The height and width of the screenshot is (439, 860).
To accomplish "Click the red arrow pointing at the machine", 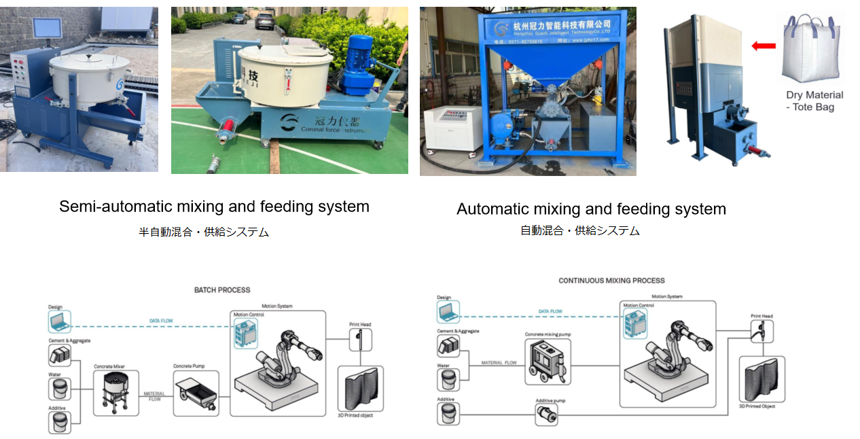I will point(764,46).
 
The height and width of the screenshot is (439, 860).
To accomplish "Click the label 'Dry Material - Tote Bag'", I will point(814,101).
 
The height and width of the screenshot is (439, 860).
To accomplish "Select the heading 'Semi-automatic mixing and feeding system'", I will point(214,207).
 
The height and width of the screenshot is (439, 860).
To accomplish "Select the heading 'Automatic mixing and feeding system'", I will point(591,209).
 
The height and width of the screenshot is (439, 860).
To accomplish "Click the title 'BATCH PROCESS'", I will point(222,290).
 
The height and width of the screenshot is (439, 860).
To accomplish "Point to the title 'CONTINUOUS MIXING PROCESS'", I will point(611,281).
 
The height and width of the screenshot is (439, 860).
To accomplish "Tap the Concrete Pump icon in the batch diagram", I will point(196,393).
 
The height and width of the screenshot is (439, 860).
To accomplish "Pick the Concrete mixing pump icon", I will point(548,362).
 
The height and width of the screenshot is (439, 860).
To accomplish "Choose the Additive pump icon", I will point(547,415).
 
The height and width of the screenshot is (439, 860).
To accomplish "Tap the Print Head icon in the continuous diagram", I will point(762,332).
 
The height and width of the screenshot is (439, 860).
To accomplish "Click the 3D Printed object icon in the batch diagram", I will point(360,388).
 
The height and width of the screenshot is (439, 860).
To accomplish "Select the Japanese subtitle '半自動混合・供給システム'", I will point(204,232).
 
